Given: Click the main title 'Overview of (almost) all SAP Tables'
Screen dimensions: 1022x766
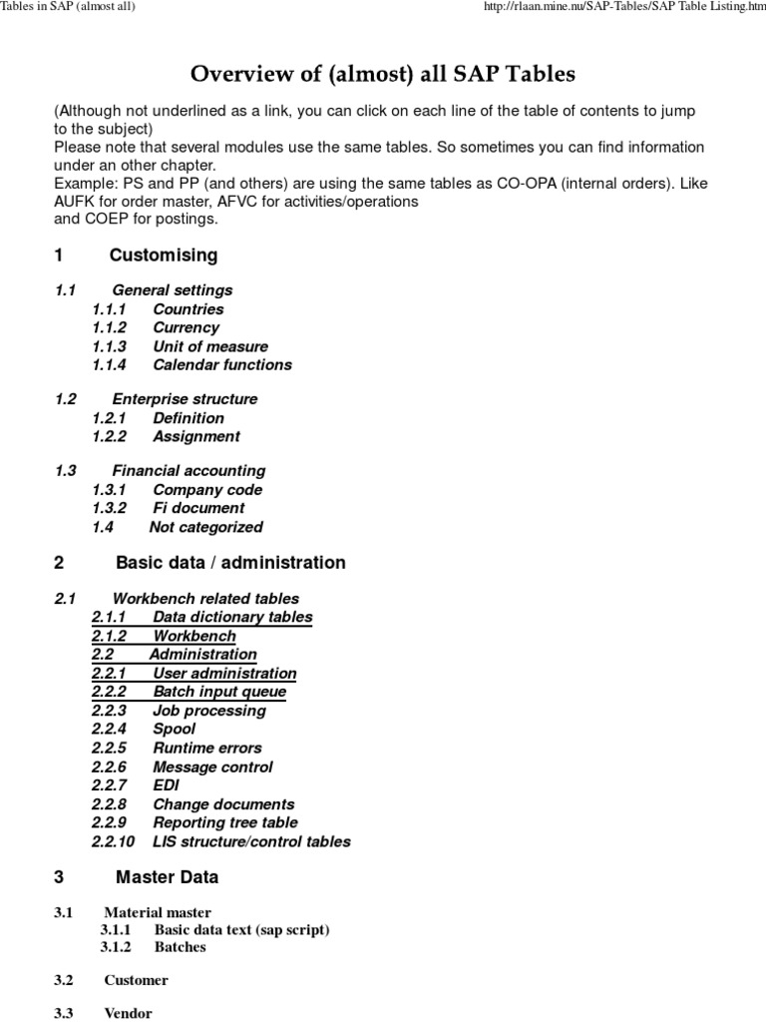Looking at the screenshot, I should (383, 74).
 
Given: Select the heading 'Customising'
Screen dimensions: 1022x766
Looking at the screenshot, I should (163, 255).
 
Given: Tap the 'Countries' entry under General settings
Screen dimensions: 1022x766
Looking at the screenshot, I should (188, 309).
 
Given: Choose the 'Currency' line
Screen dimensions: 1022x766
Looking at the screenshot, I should (186, 327).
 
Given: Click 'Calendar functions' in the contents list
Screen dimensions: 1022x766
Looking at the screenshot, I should (221, 364).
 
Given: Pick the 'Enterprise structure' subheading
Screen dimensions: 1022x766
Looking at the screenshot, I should (185, 399).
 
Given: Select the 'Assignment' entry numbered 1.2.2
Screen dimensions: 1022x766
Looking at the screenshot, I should (195, 436).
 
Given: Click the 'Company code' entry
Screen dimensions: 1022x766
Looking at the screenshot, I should (207, 490).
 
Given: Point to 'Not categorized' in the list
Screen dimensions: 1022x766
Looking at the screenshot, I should (205, 527).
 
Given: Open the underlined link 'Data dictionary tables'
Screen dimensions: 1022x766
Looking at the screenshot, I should (231, 617).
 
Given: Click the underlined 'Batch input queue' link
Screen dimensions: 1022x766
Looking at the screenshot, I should (218, 692).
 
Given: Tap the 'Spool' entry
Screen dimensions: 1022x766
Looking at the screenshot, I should (174, 729).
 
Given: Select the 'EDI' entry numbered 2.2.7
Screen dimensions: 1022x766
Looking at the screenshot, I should (166, 785).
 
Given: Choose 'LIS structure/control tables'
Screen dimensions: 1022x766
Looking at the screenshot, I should (251, 841).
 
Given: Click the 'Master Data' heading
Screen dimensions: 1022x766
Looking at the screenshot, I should (167, 878).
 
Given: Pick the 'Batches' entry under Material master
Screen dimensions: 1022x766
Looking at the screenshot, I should (180, 947).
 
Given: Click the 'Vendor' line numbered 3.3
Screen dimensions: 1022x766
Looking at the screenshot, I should (128, 1013).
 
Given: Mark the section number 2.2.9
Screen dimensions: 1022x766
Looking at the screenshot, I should (110, 822).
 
